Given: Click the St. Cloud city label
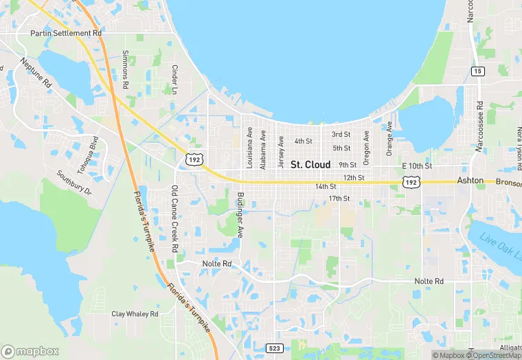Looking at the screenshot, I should (310, 165).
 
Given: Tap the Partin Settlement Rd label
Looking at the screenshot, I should (66, 33).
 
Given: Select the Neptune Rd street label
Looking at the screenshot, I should (36, 72).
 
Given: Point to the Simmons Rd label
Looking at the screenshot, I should (125, 71).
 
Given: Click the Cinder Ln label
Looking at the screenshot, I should (175, 80).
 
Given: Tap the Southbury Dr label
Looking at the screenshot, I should (73, 182).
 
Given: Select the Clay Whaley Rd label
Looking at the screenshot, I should (135, 314).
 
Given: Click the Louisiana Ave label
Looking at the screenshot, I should (249, 148).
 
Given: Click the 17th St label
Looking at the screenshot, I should (339, 199).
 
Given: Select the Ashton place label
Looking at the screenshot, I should (470, 181).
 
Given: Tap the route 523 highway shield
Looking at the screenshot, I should (274, 348).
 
